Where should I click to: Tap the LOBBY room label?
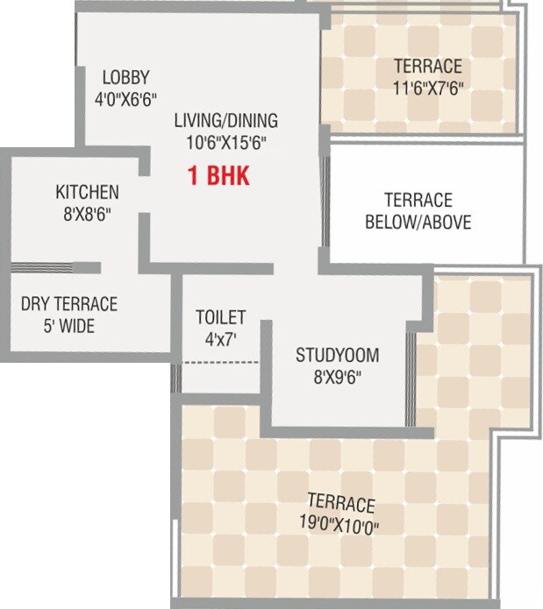(125, 76)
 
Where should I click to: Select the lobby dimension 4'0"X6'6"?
(125, 98)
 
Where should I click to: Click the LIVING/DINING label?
(225, 121)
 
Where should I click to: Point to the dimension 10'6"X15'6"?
(225, 143)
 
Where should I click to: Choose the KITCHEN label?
(87, 192)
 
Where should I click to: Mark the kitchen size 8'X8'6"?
(87, 214)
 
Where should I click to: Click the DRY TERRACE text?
(68, 304)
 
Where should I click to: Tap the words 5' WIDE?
(68, 327)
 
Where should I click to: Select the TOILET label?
(220, 316)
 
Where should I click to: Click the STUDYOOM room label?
(337, 355)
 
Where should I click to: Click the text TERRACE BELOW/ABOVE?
(418, 211)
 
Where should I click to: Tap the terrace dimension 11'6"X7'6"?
(427, 88)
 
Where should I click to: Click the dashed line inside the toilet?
(220, 362)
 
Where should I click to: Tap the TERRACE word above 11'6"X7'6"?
(427, 66)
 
